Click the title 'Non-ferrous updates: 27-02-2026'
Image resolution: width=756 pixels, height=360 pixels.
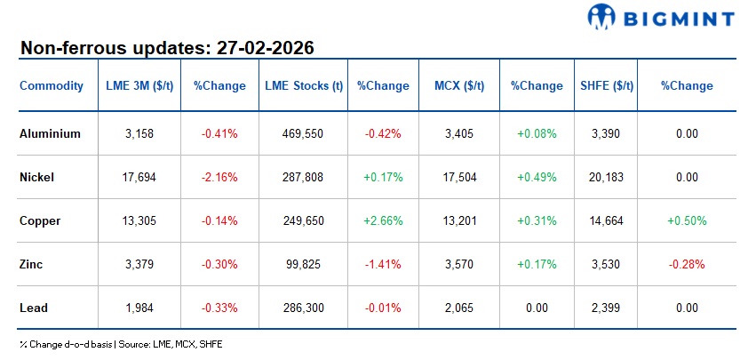point(167,47)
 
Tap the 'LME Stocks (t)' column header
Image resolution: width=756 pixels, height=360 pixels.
point(304,86)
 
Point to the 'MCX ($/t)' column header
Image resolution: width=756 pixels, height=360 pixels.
point(459,86)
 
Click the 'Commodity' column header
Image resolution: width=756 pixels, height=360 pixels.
point(52,86)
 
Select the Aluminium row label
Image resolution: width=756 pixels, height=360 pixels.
point(51,134)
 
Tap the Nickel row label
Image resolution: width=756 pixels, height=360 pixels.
point(37,178)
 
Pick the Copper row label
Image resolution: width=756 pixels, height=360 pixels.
point(40,220)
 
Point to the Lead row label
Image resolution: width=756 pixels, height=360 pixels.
point(34,308)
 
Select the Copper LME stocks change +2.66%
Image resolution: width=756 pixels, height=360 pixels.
point(383,220)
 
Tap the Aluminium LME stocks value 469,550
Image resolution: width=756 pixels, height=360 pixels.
point(304,134)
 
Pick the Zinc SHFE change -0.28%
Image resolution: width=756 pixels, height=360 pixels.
point(687,264)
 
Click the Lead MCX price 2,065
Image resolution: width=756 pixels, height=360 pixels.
point(459,308)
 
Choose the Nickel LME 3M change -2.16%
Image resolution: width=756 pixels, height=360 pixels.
point(219,178)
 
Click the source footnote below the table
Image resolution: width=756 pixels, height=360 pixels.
point(120,343)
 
